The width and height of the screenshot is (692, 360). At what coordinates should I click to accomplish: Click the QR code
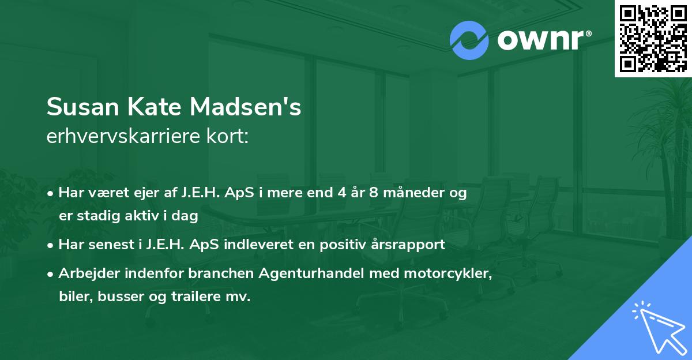[x=652, y=38]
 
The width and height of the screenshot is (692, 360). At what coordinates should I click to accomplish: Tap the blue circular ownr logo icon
[x=469, y=40]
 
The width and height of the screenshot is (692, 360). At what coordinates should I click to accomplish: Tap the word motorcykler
[x=453, y=273]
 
